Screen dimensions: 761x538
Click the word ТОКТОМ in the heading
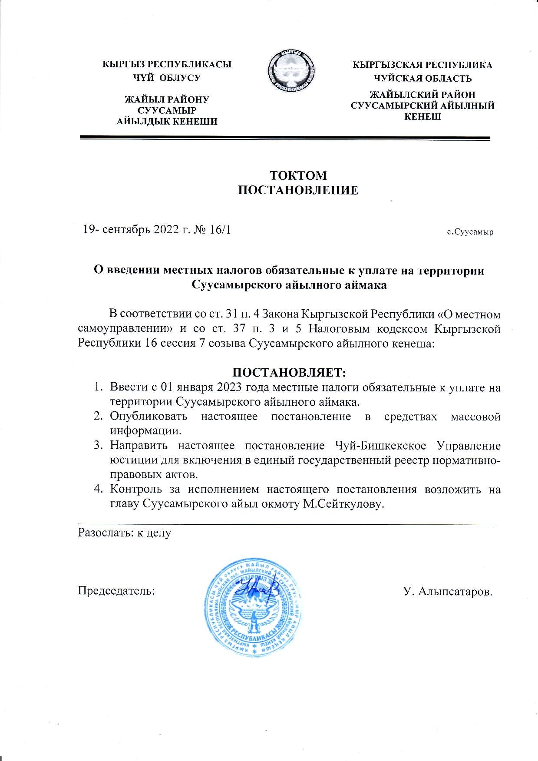298,175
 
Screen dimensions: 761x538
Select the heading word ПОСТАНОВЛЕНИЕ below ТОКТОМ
299,190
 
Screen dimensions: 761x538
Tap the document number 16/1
220,230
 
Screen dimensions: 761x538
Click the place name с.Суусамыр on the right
470,232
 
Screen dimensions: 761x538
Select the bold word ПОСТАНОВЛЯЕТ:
289,373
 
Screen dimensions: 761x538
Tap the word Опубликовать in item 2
149,416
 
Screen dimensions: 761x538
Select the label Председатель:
116,591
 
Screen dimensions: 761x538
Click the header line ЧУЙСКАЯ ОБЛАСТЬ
423,79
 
